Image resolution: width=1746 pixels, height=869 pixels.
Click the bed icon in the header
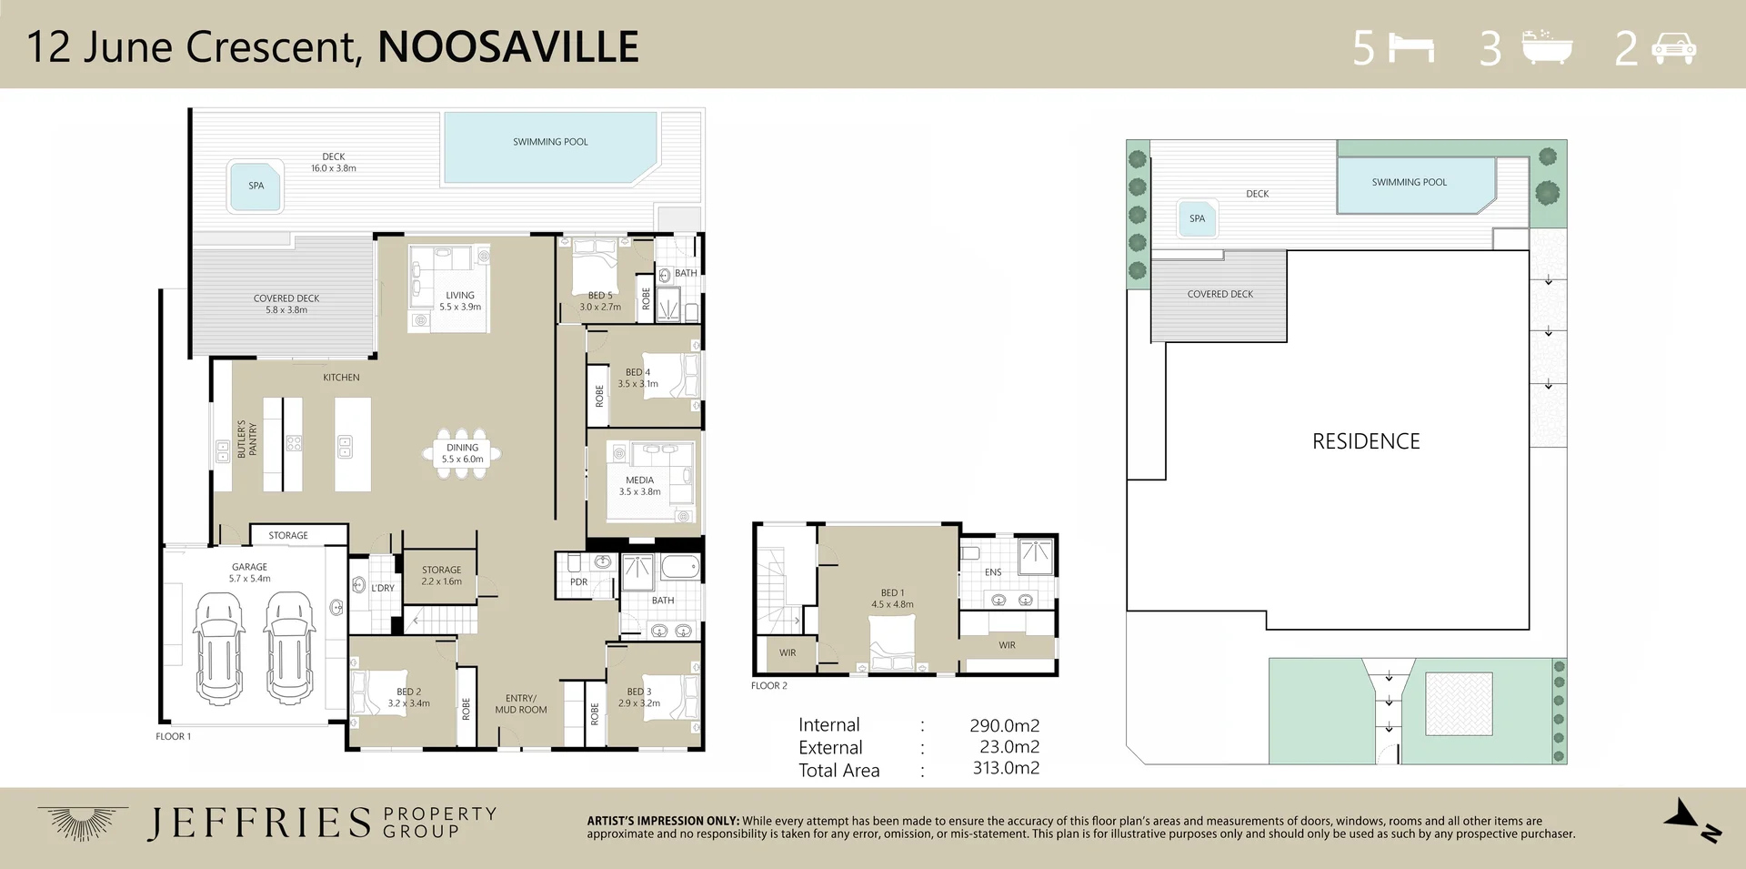[x=1412, y=48]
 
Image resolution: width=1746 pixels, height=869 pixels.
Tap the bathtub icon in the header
[x=1547, y=47]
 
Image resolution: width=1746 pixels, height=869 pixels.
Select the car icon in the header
[x=1674, y=48]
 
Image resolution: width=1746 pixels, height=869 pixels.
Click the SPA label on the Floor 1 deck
[x=256, y=186]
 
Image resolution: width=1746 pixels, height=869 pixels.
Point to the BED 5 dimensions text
[x=600, y=308]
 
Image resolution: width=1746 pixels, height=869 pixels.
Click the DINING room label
[x=462, y=448]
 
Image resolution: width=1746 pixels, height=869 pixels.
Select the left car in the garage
[x=219, y=648]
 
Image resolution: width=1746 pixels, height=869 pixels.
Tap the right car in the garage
[x=289, y=648]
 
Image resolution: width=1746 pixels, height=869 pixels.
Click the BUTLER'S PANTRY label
[x=247, y=440]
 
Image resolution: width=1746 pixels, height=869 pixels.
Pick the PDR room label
[x=578, y=582]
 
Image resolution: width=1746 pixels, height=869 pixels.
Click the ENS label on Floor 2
[x=993, y=572]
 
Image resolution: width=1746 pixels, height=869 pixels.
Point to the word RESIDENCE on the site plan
[x=1366, y=441]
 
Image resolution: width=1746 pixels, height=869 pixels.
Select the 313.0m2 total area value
[x=1006, y=768]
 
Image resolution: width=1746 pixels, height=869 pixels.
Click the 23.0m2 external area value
[x=1009, y=747]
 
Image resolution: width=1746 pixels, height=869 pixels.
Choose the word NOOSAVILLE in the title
[x=508, y=47]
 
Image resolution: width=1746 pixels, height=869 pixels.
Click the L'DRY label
[x=383, y=589]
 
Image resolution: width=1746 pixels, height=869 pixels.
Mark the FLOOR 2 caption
[x=769, y=686]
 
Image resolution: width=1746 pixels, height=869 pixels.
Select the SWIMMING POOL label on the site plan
[x=1409, y=182]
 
